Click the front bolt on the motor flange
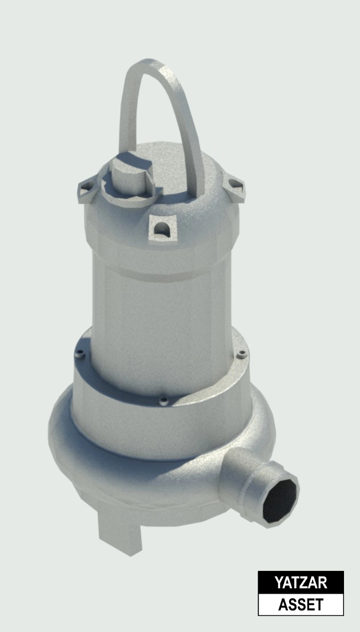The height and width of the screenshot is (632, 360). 163,400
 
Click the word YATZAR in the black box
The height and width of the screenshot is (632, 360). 301,583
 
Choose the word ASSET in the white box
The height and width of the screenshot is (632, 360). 301,604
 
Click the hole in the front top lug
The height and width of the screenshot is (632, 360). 163,230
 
